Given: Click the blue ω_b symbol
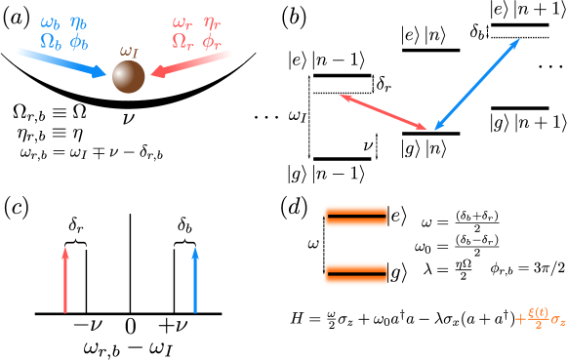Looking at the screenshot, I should (x=50, y=22).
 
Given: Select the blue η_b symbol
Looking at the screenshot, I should (x=79, y=22).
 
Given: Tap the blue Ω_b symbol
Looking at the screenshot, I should (x=50, y=41).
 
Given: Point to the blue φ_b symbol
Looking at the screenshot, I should (x=79, y=41).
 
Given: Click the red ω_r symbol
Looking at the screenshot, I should (x=182, y=22).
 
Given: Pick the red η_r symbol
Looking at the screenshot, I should (x=212, y=22).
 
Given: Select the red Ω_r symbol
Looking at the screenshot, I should (x=182, y=41).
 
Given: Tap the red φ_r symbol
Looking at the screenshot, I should (x=212, y=41).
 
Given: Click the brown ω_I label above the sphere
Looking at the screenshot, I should (x=129, y=51).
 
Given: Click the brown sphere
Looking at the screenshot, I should (x=129, y=76).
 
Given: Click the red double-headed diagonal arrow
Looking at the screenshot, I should (x=383, y=111).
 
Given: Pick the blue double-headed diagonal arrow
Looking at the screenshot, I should (x=477, y=84).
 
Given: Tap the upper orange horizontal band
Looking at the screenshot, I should (x=356, y=217).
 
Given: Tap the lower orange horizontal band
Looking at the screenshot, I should (x=356, y=274).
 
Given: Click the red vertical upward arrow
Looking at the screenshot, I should (x=65, y=280).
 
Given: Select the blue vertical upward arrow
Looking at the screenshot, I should (x=195, y=280).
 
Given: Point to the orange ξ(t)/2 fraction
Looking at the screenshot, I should (x=538, y=317).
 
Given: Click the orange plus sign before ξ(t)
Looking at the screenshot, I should (x=520, y=318).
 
